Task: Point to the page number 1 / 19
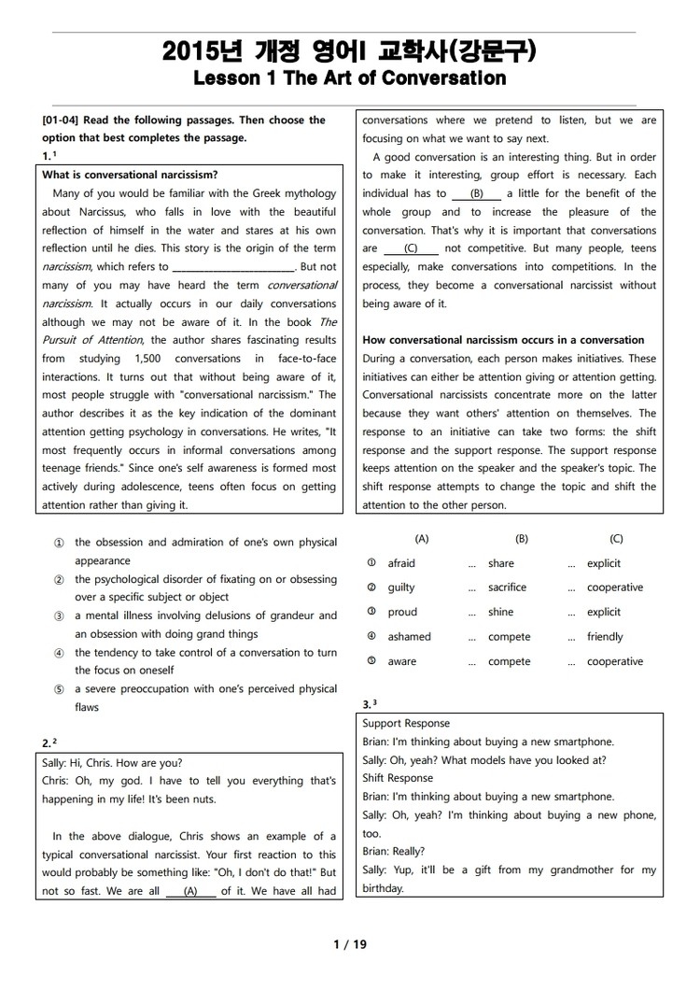[350, 944]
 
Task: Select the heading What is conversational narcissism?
[130, 175]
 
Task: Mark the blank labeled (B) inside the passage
[476, 193]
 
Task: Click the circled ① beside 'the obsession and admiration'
[59, 543]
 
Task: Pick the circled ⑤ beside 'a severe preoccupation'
[59, 689]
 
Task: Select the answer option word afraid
[401, 563]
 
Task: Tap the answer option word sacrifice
[507, 587]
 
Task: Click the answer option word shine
[500, 612]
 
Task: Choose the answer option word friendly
[605, 637]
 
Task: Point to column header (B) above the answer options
[522, 539]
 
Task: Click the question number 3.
[367, 702]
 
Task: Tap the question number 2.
[48, 743]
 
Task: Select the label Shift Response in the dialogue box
[398, 778]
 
